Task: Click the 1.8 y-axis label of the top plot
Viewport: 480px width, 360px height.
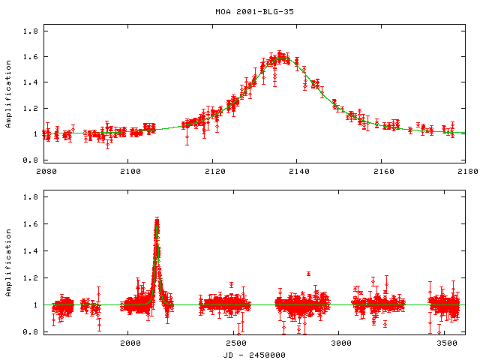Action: point(30,31)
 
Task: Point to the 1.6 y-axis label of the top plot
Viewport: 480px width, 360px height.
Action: point(30,57)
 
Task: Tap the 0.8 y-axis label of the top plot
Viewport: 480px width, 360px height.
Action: point(30,160)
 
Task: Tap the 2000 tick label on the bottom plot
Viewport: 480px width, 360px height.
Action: point(130,343)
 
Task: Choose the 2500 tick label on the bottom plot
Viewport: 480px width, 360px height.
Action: point(235,343)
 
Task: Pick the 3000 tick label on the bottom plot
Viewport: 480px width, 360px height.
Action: point(341,343)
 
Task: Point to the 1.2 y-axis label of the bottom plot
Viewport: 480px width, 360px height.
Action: point(30,278)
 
